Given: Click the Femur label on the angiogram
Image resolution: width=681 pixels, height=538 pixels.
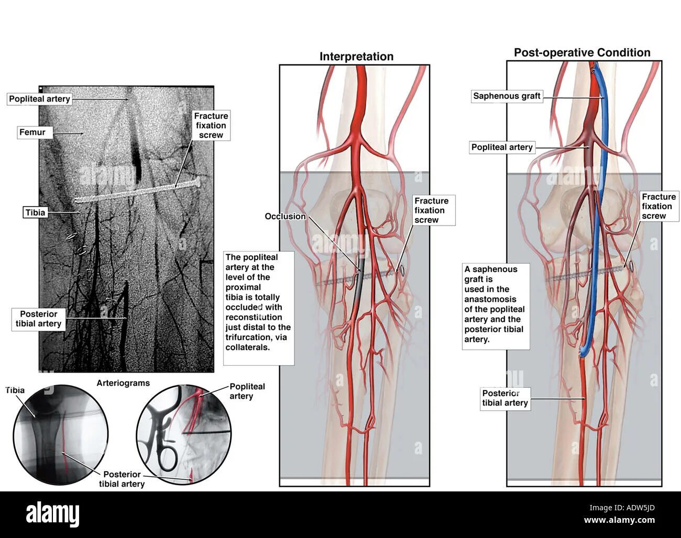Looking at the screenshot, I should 32,132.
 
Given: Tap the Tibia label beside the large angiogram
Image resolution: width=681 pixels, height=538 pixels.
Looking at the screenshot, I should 35,212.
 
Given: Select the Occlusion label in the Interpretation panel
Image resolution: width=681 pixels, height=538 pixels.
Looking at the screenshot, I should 285,216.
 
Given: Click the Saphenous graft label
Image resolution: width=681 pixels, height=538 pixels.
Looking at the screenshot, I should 507,96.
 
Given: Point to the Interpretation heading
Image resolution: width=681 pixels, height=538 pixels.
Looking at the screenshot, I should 356,57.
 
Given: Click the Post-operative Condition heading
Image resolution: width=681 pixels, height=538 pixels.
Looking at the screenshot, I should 582,52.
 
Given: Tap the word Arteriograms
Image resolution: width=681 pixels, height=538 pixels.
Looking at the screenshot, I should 123,383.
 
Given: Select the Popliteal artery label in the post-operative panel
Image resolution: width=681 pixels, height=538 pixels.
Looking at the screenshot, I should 502,147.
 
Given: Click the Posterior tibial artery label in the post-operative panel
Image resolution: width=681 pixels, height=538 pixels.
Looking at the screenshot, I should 505,398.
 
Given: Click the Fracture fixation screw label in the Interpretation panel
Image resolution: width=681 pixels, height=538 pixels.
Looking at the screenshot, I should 432,210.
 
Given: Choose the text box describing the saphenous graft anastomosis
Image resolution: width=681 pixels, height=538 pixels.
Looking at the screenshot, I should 495,304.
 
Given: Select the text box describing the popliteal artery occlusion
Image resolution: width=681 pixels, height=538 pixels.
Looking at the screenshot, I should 258,302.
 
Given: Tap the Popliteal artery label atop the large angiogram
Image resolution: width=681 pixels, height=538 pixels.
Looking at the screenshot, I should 39,99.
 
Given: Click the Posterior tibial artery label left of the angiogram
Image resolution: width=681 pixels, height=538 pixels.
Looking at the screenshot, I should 39,319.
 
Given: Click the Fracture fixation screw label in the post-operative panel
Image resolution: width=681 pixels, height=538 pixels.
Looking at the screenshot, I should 658,206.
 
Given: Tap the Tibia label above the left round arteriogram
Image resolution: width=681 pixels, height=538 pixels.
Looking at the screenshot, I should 15,390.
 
